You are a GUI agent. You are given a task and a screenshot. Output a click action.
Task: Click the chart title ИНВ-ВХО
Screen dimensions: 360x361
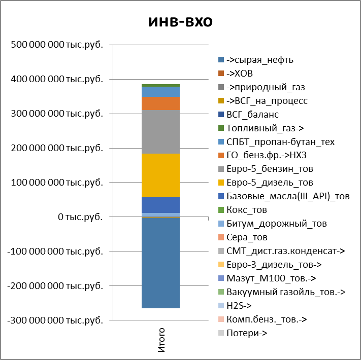tap(180, 22)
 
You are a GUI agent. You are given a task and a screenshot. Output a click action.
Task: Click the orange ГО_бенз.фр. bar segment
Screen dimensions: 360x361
tap(160, 103)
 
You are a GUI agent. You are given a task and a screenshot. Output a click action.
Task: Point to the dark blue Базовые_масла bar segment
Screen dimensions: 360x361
tap(160, 205)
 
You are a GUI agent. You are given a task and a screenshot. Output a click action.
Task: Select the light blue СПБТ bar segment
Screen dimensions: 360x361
tap(160, 92)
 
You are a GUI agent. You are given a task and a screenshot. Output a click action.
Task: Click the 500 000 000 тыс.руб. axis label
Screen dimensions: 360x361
tap(56, 45)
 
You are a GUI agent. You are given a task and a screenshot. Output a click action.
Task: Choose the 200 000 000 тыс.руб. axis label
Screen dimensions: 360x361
tap(56, 148)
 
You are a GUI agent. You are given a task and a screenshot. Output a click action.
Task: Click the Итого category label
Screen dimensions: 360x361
tap(161, 340)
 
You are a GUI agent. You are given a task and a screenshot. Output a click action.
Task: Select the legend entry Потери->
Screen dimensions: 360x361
tap(246, 333)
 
